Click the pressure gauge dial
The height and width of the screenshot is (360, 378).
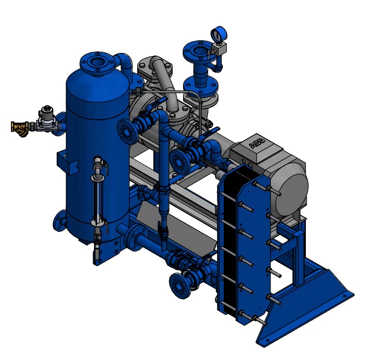pyautogui.click(x=219, y=35)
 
